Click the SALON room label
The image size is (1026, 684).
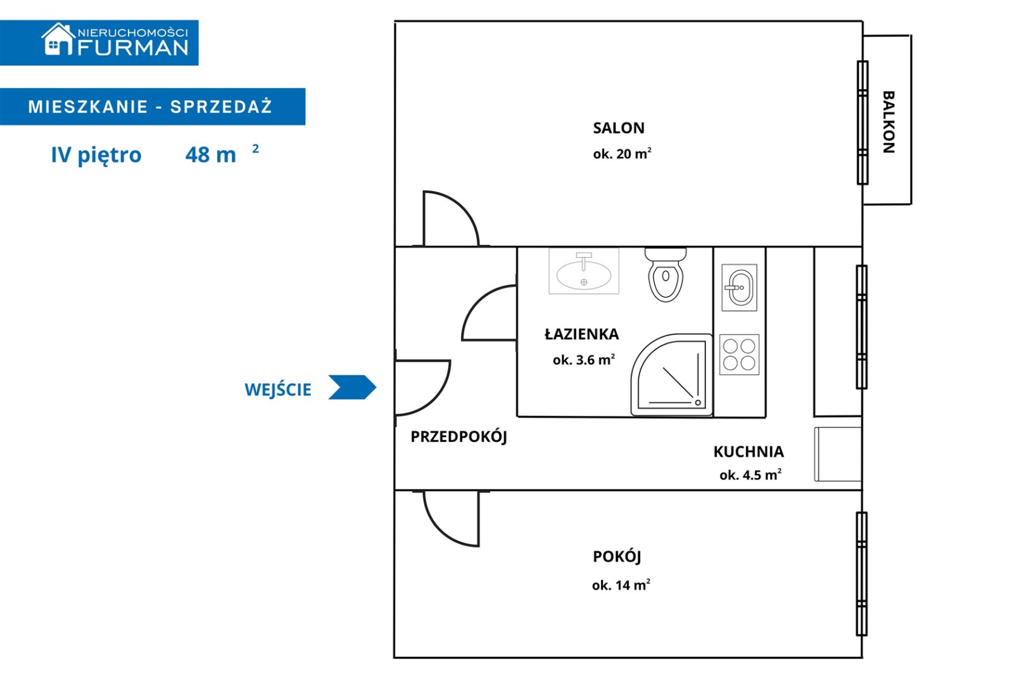[x=618, y=128]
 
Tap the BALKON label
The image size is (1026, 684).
[x=888, y=122]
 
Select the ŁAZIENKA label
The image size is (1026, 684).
[x=581, y=334]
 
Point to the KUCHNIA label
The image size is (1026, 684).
[x=748, y=452]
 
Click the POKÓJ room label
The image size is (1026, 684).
[x=617, y=556]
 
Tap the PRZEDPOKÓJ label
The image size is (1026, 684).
[x=459, y=436]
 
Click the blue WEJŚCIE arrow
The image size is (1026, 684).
[x=352, y=387]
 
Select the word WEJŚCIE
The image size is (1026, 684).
[x=278, y=389]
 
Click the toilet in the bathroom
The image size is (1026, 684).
[x=665, y=276]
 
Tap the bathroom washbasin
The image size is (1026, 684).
[x=583, y=272]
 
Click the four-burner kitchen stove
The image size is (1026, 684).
[x=739, y=355]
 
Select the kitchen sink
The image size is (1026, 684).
[x=739, y=288]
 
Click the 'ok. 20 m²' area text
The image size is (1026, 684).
[x=622, y=154]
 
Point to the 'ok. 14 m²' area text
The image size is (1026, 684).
[x=621, y=585]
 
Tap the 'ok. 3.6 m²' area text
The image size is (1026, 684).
[x=583, y=360]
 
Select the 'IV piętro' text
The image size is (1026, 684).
[x=96, y=155]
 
